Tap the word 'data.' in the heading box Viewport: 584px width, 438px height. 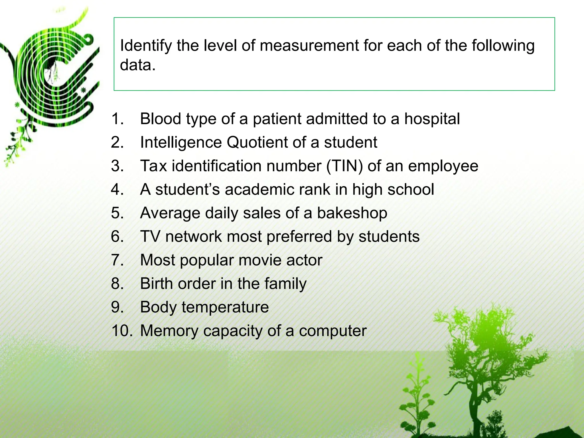[x=138, y=65]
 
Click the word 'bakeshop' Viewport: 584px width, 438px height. [x=352, y=213]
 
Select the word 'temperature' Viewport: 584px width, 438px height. [x=225, y=307]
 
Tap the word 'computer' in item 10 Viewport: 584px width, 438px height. [x=332, y=331]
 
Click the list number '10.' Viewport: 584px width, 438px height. [x=122, y=331]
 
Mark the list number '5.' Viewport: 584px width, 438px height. [x=117, y=213]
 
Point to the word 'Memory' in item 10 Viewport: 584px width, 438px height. [x=169, y=331]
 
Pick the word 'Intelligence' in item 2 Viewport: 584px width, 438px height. [x=181, y=142]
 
